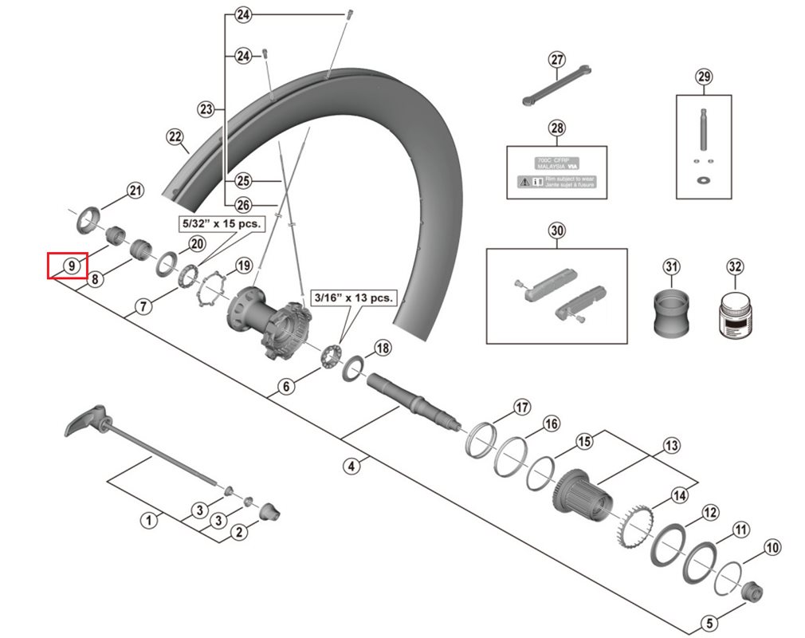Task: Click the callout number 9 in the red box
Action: pos(72,266)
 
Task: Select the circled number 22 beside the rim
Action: pos(175,137)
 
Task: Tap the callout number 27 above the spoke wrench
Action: pos(556,60)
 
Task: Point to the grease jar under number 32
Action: pos(734,315)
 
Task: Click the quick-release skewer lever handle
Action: pos(85,420)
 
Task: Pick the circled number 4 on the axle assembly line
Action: pos(351,467)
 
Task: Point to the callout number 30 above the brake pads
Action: pos(556,231)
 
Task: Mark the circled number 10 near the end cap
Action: pos(772,548)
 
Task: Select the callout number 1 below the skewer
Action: pos(147,521)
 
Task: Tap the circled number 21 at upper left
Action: pos(135,191)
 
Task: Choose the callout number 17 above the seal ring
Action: pos(521,408)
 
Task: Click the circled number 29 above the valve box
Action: pos(703,77)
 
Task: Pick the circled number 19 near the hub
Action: pos(242,266)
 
